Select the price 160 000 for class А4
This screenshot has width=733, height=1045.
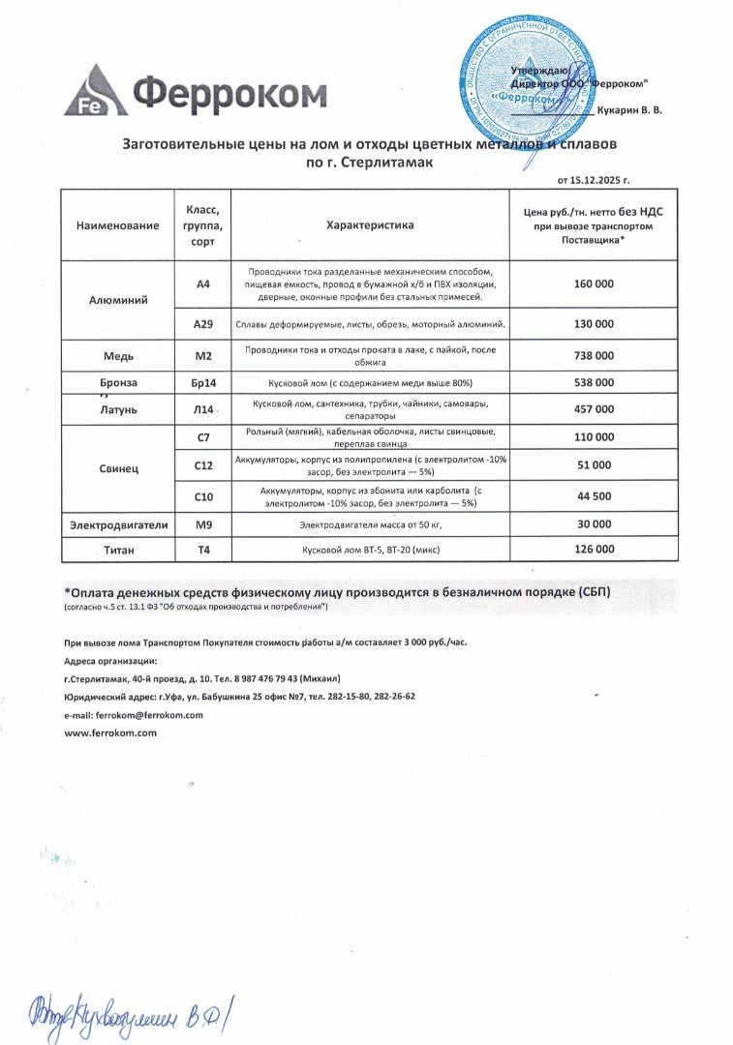(594, 284)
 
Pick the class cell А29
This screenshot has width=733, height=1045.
(203, 324)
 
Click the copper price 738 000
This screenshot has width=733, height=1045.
(594, 355)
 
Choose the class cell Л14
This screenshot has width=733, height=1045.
(202, 410)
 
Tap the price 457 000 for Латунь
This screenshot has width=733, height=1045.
(594, 409)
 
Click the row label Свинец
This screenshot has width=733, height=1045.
(119, 468)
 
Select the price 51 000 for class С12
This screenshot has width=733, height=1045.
(594, 465)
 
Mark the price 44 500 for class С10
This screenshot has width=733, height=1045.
(594, 496)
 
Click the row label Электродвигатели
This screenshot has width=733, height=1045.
(119, 524)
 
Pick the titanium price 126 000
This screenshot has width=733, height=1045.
(594, 550)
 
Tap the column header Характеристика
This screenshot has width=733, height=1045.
(370, 225)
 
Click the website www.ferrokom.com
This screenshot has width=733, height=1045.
(110, 733)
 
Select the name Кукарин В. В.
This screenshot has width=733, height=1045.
(630, 111)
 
